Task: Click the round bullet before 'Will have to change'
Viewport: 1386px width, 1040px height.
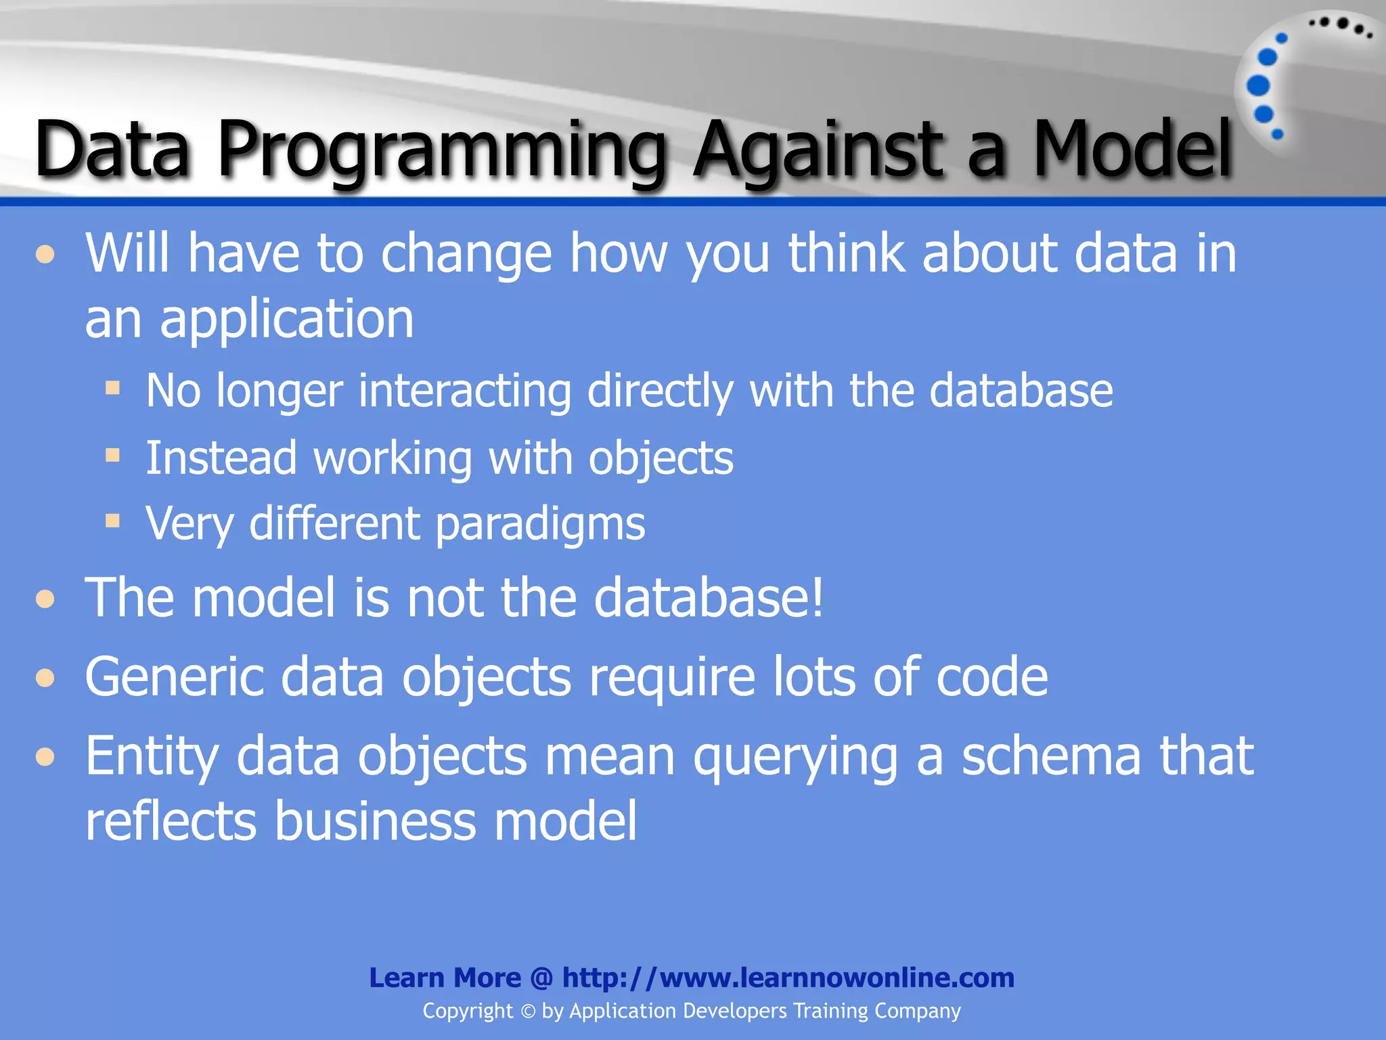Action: click(45, 255)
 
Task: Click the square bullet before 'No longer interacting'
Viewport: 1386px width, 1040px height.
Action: click(113, 388)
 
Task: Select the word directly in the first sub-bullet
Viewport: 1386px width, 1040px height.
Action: click(660, 391)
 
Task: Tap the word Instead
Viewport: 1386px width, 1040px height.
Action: click(221, 458)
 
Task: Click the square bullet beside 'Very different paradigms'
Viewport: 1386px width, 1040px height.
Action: click(113, 521)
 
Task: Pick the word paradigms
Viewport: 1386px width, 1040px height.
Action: click(540, 525)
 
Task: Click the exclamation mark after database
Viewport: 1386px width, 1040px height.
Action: click(818, 597)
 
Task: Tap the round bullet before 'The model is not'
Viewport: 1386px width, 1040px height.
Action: click(45, 599)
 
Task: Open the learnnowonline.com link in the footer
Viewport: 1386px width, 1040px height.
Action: click(788, 978)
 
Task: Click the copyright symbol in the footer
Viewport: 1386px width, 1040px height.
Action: click(528, 1012)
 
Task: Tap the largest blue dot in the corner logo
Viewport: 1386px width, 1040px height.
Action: click(1258, 85)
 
